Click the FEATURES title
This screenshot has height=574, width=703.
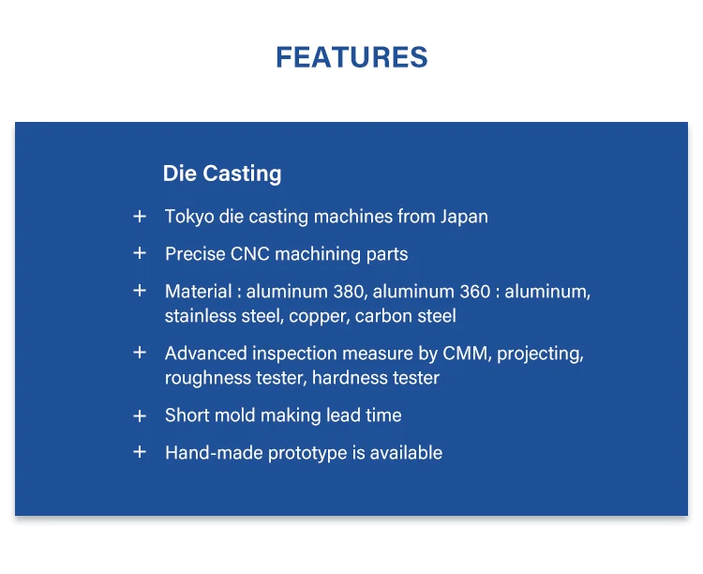351,57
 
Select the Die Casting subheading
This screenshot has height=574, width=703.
222,174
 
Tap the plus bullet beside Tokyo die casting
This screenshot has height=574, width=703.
140,217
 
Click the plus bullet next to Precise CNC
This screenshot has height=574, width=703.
140,253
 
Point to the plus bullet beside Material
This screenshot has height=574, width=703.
140,291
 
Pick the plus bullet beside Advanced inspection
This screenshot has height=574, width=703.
140,353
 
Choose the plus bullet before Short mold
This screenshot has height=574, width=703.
140,416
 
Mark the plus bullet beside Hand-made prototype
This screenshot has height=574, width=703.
140,452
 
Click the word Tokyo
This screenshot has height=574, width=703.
189,218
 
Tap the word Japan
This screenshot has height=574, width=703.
464,218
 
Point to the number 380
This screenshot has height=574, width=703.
348,292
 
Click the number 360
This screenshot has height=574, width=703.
475,292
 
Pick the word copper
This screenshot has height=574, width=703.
318,317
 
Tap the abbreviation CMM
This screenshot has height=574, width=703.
465,354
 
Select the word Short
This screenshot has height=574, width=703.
187,415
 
